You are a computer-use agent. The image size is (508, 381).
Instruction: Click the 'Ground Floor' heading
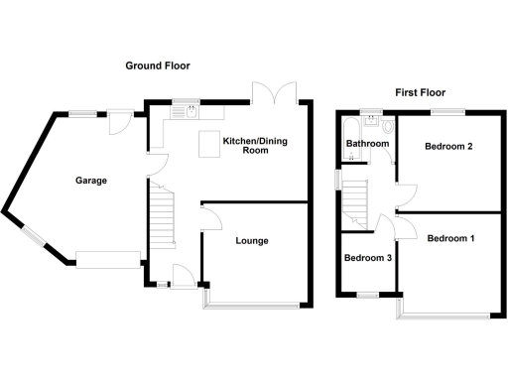click(158, 65)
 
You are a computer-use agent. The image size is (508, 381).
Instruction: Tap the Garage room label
click(90, 181)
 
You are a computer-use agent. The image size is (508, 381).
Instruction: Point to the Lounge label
click(251, 241)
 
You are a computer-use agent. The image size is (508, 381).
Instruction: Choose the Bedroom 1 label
click(450, 238)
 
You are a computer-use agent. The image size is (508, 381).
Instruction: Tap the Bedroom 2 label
click(447, 147)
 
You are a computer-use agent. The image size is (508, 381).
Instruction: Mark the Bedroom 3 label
click(367, 258)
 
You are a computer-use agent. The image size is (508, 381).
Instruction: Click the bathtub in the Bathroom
click(349, 134)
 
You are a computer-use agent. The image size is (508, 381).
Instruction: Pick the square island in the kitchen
click(210, 144)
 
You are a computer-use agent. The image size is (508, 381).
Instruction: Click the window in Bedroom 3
click(367, 295)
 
